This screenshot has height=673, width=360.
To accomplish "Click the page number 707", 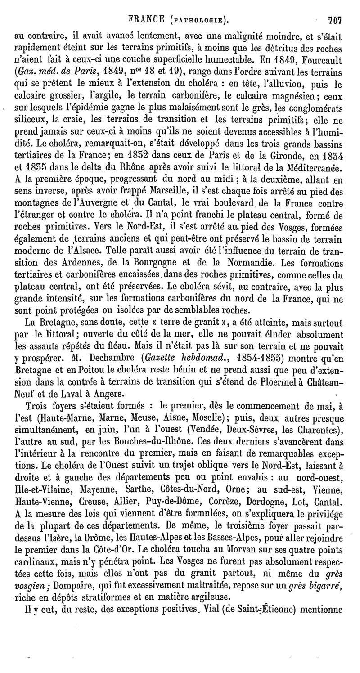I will tap(335, 19).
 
